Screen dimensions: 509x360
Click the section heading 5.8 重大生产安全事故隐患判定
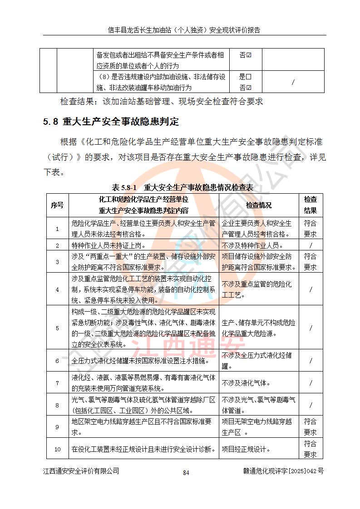(111, 122)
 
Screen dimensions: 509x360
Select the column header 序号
(57, 205)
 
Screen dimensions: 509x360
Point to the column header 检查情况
(259, 205)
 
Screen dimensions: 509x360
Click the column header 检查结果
(311, 205)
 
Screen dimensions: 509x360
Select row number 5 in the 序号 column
(57, 328)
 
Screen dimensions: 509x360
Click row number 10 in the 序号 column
(57, 450)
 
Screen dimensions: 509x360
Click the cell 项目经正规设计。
(247, 450)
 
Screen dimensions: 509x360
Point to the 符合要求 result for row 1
(311, 229)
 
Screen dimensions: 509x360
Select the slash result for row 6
(311, 361)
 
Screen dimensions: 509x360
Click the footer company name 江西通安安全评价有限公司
(81, 471)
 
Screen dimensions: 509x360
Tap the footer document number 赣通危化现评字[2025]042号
(283, 471)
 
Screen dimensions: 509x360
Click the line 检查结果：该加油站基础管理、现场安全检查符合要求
(162, 102)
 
